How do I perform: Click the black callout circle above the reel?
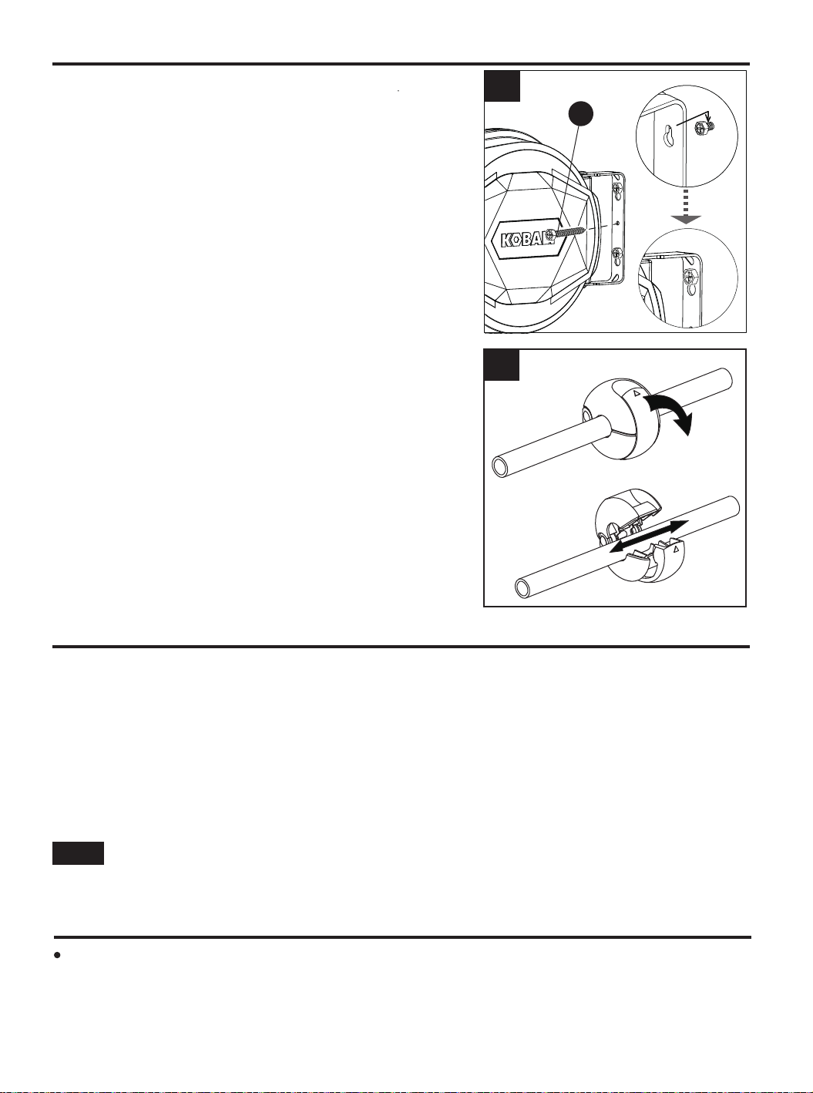[580, 114]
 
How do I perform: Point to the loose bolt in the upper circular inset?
[701, 129]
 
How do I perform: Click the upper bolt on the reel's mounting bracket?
[616, 187]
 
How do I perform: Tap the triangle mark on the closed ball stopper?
[637, 394]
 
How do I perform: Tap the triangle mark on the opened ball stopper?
[676, 547]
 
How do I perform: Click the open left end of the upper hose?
[502, 466]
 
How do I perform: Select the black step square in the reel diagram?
[502, 86]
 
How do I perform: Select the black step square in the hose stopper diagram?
[502, 365]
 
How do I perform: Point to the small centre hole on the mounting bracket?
[617, 224]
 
